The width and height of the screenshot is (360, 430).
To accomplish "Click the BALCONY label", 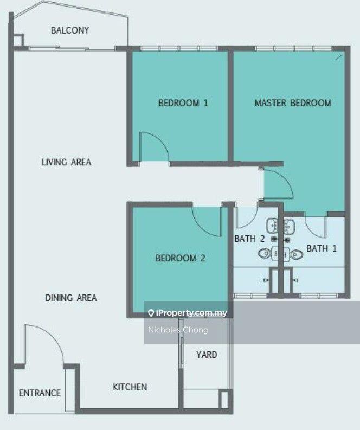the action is click(x=70, y=30).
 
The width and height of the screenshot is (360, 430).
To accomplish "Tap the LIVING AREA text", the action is click(x=66, y=162).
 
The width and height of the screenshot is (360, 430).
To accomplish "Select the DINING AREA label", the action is click(x=70, y=298).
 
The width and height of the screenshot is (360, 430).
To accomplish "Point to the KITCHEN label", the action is click(x=130, y=387).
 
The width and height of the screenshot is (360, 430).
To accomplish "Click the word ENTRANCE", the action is click(x=40, y=393).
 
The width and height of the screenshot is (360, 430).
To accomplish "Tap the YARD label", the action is click(x=207, y=355).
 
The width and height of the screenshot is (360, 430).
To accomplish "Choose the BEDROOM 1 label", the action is click(x=183, y=103).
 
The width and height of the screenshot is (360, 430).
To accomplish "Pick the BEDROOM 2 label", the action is click(x=181, y=258).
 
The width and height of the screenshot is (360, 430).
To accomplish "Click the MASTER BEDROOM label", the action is click(x=293, y=103).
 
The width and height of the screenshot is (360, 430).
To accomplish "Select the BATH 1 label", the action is click(x=322, y=248).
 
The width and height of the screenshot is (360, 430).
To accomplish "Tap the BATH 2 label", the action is click(x=249, y=239).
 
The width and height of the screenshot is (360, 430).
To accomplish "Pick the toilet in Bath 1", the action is click(x=297, y=254).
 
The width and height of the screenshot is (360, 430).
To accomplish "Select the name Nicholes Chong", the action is click(x=178, y=330).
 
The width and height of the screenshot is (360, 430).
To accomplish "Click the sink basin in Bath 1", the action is click(x=288, y=226).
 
